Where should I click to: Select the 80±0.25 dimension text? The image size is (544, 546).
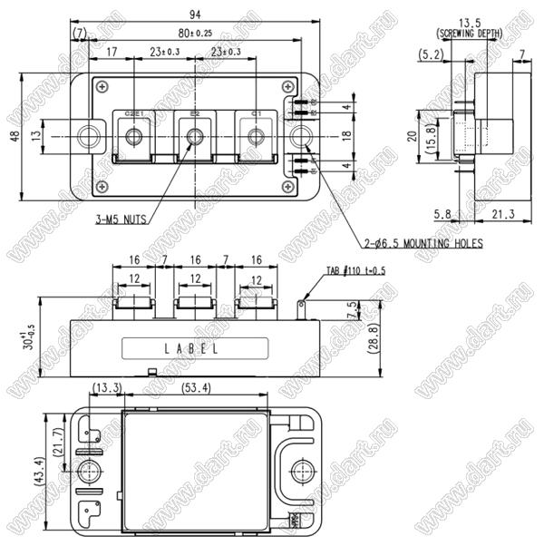pyautogui.click(x=195, y=33)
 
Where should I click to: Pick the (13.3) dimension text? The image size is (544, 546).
pyautogui.click(x=107, y=388)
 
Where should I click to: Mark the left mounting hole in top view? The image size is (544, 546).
pyautogui.click(x=90, y=137)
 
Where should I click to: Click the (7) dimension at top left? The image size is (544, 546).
pyautogui.click(x=80, y=33)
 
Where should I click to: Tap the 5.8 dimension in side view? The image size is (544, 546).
pyautogui.click(x=442, y=214)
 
